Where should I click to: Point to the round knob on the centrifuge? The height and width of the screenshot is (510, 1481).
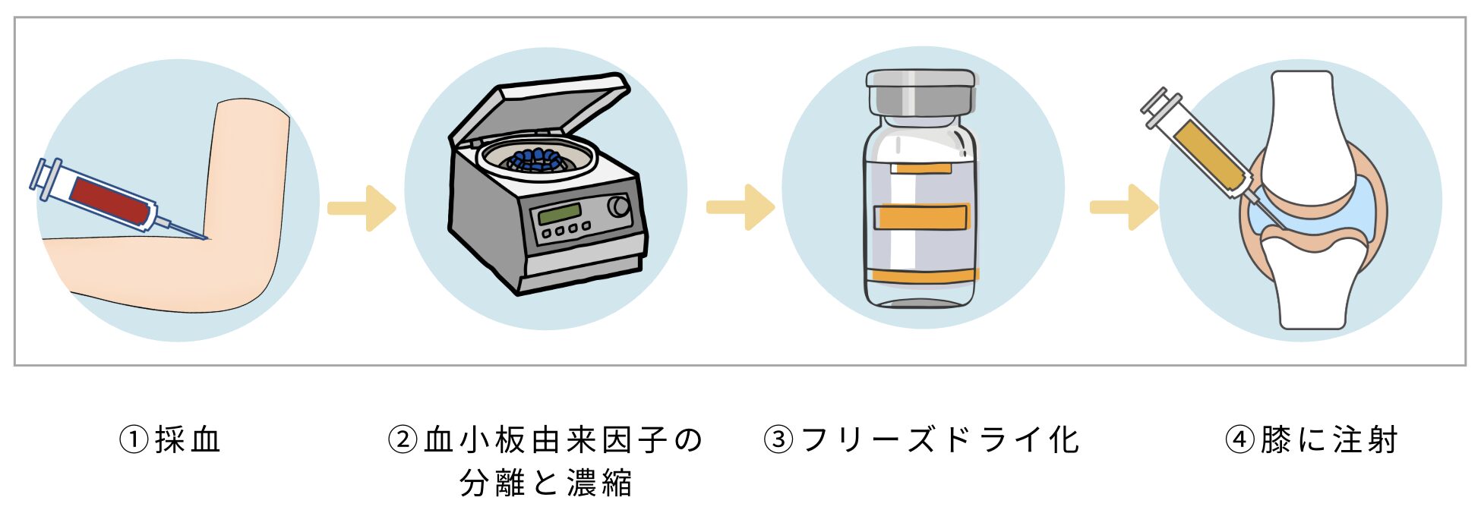tap(618, 206)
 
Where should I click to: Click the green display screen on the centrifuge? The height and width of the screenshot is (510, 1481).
tap(559, 213)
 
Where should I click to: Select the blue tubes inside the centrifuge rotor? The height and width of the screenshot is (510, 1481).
tap(537, 159)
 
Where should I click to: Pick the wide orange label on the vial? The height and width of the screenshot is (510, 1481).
tap(920, 218)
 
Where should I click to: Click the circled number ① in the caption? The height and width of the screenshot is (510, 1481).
tap(134, 439)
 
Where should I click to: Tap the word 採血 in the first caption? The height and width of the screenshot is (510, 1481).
tap(188, 439)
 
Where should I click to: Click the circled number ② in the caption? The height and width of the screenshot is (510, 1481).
tap(403, 439)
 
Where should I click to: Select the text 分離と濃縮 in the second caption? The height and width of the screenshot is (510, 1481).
tap(545, 483)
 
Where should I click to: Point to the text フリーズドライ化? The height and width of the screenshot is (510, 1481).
tap(939, 439)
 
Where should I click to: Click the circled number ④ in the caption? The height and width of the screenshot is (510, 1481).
tap(1239, 439)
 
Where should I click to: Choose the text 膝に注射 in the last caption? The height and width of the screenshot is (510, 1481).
tap(1329, 439)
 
